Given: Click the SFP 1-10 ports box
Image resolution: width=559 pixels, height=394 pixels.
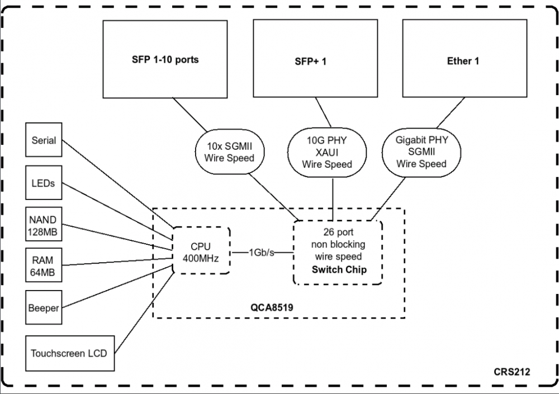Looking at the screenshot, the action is tap(165, 59).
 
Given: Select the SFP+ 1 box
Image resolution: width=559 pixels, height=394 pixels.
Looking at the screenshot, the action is tap(315, 58).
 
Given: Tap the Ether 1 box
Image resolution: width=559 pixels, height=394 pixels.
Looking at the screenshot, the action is tap(465, 58).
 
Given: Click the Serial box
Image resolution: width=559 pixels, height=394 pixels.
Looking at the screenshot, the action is tap(44, 140).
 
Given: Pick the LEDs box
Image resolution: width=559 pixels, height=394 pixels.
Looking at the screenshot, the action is tap(44, 183).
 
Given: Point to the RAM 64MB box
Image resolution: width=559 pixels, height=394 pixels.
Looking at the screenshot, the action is tap(44, 265).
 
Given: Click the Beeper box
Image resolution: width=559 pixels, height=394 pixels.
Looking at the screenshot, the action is tap(44, 307).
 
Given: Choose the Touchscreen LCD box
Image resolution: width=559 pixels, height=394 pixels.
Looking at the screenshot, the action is tap(70, 353).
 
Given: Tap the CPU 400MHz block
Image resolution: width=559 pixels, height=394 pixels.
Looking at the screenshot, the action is tap(201, 251).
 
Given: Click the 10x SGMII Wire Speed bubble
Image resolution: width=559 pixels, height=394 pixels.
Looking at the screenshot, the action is tap(230, 152).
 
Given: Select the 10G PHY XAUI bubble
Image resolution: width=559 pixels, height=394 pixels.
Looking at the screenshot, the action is tap(327, 153).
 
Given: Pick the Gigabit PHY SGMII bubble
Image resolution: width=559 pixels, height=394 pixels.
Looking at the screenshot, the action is tap(421, 152).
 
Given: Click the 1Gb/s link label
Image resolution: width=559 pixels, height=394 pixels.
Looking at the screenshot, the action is tap(262, 253).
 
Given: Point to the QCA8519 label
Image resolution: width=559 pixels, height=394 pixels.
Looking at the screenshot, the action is tap(272, 307).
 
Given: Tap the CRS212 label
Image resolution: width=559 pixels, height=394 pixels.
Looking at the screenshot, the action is tap(511, 372).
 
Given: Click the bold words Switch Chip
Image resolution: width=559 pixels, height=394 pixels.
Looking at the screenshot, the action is tap(339, 269).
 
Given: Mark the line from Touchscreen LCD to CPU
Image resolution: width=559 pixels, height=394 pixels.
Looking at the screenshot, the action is tap(144, 312).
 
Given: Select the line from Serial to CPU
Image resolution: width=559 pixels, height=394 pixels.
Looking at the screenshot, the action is tap(117, 184).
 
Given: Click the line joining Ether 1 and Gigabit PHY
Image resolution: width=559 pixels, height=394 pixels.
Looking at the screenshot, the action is tap(451, 113).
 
